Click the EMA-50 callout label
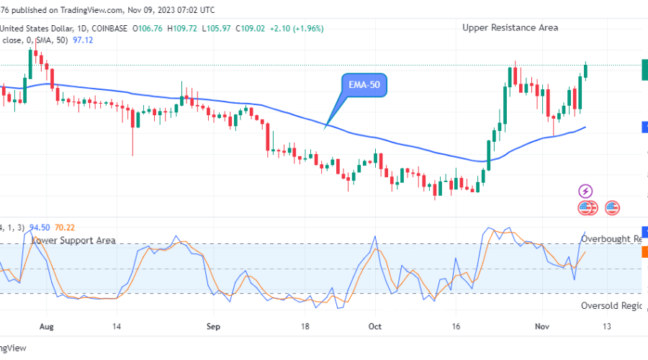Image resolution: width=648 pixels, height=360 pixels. click(x=365, y=85)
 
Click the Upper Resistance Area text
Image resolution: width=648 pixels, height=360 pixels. click(x=510, y=27)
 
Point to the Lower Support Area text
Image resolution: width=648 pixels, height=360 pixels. click(x=74, y=240)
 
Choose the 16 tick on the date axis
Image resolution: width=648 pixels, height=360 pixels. click(x=456, y=326)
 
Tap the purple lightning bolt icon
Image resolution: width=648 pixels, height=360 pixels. click(x=586, y=192)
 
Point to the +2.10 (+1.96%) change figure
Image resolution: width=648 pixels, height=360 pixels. click(x=297, y=28)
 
